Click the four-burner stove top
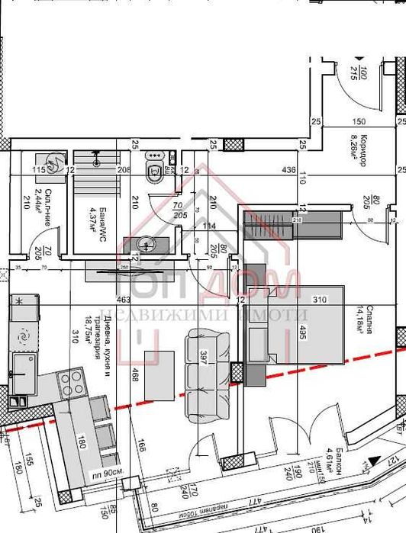click(x=71, y=380)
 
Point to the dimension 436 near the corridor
click(x=288, y=169)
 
